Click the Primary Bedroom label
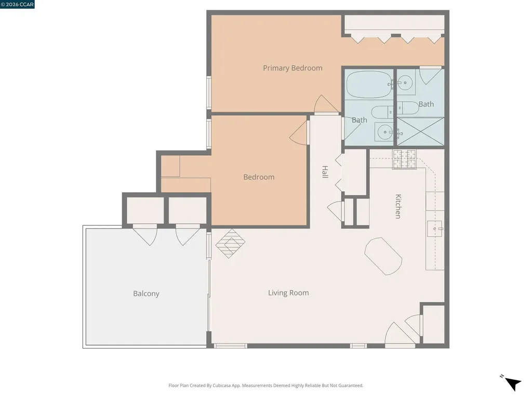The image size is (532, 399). (292, 68)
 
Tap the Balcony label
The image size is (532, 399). (146, 294)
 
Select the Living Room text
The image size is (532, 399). (288, 293)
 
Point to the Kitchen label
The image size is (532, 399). (398, 206)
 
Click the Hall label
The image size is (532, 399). (325, 172)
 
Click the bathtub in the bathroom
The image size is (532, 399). (369, 84)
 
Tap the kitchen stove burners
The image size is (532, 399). (404, 159)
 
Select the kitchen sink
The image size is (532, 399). (435, 229)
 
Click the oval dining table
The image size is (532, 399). (383, 256)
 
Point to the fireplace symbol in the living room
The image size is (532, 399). (230, 243)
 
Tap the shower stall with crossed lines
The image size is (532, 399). (421, 131)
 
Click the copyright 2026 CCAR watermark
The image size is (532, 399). (17, 4)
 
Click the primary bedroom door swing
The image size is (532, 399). (326, 104)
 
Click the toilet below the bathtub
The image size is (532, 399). (382, 112)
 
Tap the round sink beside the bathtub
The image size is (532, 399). (405, 83)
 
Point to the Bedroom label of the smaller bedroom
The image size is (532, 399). (259, 177)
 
